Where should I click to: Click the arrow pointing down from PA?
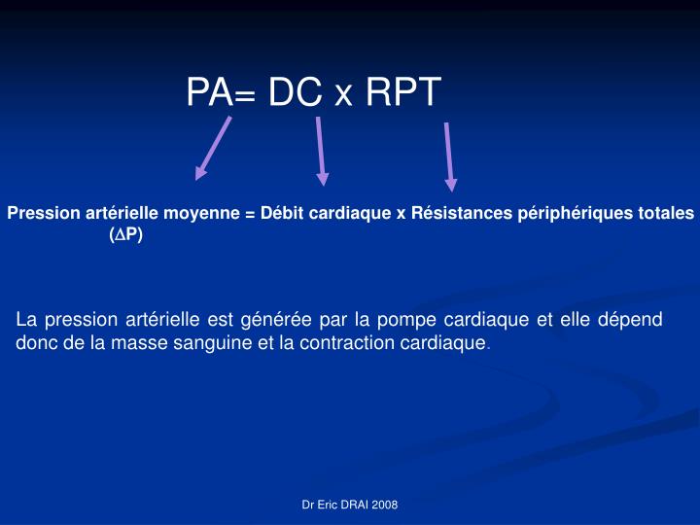coord(214,148)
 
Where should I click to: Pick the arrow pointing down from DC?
coord(321,151)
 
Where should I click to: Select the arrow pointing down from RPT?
coord(449,156)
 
